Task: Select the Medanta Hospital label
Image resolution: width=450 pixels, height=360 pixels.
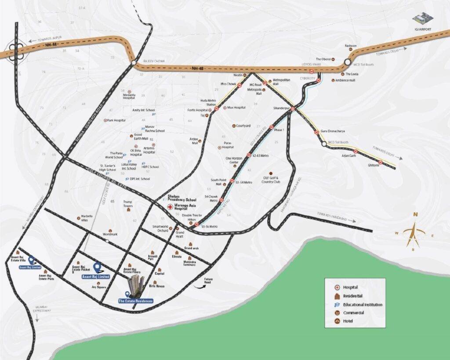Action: point(129,96)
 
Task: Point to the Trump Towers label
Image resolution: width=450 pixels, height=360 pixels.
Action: point(128,204)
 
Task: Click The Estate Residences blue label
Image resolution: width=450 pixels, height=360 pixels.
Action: point(135,301)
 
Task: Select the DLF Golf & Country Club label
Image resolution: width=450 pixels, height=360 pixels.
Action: point(271,180)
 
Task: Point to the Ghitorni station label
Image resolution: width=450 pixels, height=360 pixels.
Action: point(373,165)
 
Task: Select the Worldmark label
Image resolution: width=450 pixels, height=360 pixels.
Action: point(110,235)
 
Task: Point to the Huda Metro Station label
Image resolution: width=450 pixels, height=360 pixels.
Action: point(208,102)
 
